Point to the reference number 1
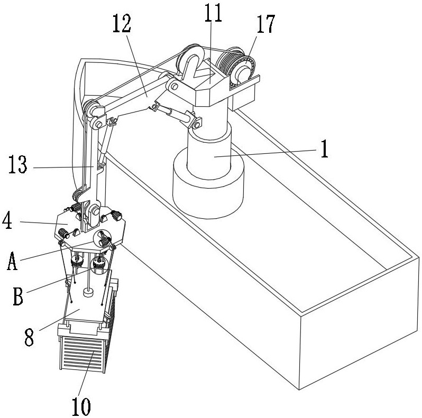pos(324,150)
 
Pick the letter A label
pos(12,261)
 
